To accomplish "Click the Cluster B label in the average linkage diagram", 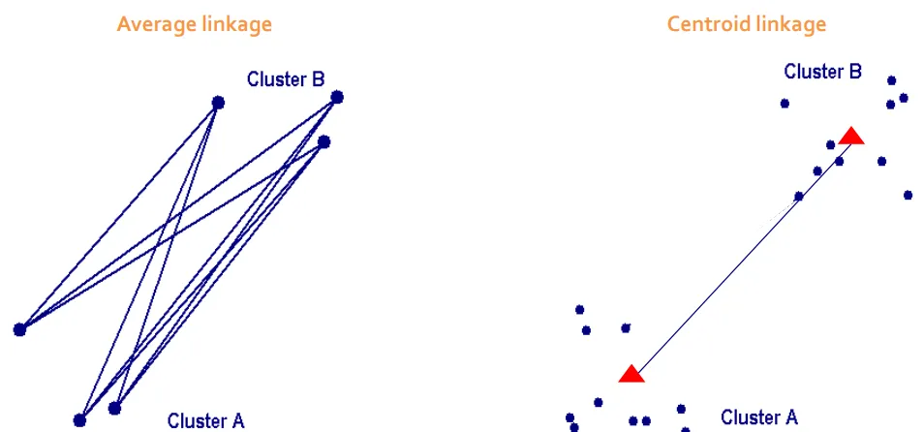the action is click(x=286, y=79).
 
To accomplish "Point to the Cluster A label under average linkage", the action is click(x=206, y=420).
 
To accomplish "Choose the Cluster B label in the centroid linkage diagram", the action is click(x=822, y=72).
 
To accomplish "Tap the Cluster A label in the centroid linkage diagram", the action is click(x=759, y=417).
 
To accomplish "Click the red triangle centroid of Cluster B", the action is click(x=851, y=137).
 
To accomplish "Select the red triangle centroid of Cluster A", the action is click(x=631, y=374).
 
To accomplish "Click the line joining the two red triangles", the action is click(x=741, y=256).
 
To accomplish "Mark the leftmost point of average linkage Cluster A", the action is click(x=19, y=330).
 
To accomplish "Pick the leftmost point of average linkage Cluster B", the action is click(x=218, y=102).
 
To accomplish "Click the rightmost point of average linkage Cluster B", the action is click(x=337, y=97).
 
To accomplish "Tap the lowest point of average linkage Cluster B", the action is click(x=323, y=141).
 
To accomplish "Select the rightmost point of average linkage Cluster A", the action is click(x=114, y=409).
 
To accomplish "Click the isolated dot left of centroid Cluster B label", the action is click(x=785, y=103).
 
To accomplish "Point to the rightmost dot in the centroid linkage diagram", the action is click(x=908, y=195).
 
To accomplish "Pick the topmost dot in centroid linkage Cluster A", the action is click(x=579, y=310).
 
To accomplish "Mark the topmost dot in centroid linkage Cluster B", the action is click(x=891, y=80).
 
